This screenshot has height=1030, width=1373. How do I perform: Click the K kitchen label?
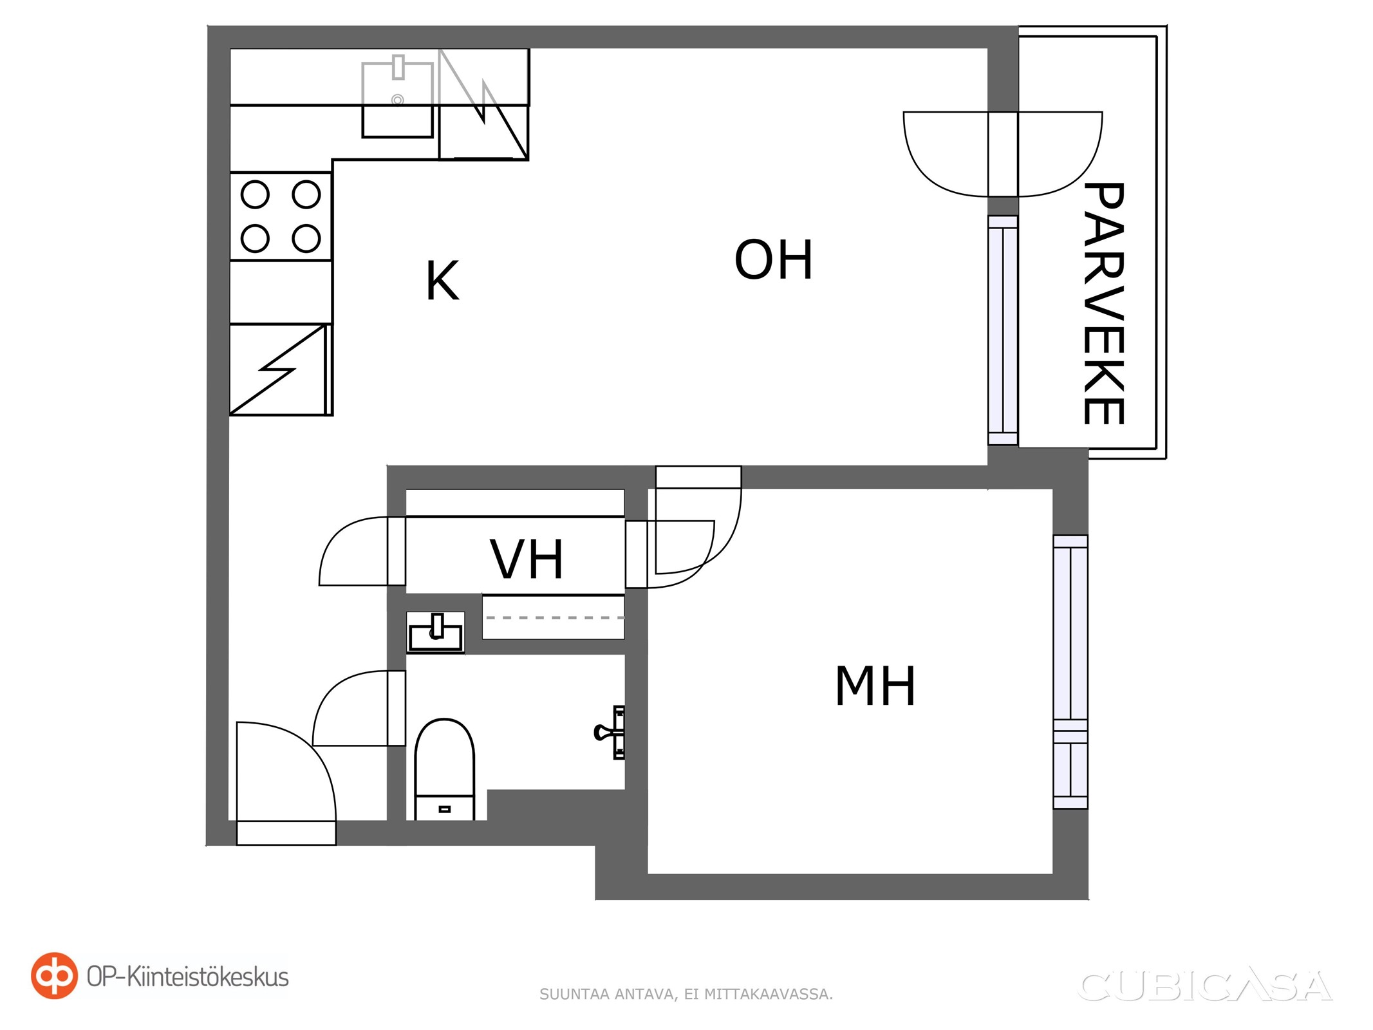442,281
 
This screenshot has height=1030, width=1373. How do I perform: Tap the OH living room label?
774,259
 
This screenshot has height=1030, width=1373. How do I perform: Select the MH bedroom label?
875,686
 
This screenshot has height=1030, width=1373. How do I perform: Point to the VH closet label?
527,559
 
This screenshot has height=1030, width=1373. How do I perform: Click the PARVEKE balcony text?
1103,303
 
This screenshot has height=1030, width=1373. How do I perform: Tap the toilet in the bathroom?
444,769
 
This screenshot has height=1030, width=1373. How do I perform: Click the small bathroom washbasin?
436,632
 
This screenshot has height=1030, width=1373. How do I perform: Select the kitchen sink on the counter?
397,100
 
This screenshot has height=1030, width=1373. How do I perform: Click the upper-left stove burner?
255,194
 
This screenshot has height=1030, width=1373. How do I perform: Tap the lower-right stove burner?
306,239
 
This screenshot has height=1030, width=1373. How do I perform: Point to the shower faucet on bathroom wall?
610,733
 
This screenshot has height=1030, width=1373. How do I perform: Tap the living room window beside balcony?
1003,330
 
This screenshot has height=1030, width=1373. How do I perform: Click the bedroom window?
1070,672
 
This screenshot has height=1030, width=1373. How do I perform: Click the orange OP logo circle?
54,975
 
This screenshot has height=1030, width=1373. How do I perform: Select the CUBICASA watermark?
1204,987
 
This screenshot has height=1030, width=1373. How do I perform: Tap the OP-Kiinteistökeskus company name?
188,977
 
